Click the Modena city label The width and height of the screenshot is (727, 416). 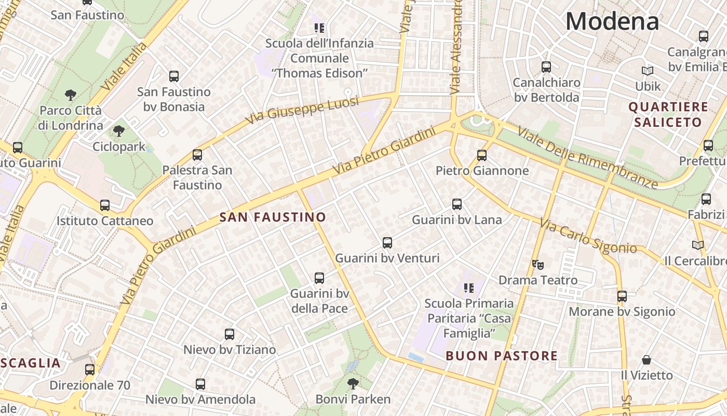click(x=612, y=21)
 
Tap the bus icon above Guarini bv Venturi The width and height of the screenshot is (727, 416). click(x=387, y=242)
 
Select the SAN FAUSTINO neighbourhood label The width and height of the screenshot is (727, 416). click(x=273, y=217)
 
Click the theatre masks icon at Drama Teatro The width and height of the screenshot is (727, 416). click(x=538, y=264)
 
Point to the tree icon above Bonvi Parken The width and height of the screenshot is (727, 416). click(x=353, y=384)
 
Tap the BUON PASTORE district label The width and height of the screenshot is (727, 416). click(x=502, y=356)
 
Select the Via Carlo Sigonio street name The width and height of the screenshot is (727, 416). click(x=588, y=236)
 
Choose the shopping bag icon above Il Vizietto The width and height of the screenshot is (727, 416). click(x=647, y=360)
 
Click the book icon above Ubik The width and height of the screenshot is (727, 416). click(x=647, y=71)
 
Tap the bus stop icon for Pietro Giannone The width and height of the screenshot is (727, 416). click(x=481, y=155)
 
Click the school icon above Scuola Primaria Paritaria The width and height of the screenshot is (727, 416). click(x=469, y=288)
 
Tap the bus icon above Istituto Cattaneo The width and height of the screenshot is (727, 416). click(x=105, y=205)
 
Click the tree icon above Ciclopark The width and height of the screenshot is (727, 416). click(x=119, y=131)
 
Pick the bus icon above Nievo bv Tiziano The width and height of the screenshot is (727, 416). click(x=229, y=334)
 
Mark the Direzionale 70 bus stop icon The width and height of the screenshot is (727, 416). click(x=90, y=370)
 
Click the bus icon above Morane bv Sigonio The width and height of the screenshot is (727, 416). click(x=622, y=296)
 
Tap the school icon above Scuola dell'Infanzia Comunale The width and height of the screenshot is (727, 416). click(x=319, y=28)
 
